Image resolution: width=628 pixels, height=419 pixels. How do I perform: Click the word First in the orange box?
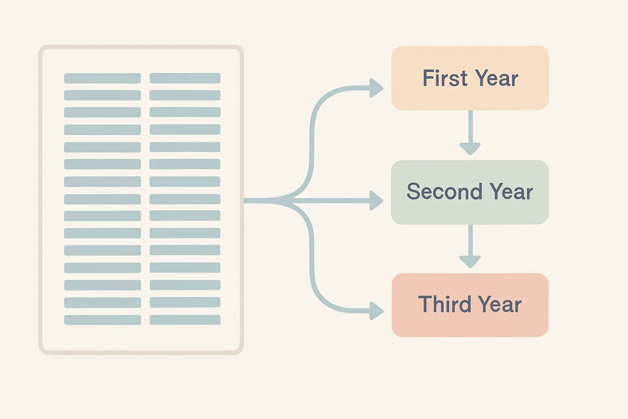point(445,78)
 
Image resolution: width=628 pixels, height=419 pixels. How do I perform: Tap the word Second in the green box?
point(444,191)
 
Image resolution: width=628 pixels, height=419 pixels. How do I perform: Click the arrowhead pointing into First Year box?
point(376,88)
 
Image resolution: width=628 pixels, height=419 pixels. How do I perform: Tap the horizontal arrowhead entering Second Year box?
point(376,200)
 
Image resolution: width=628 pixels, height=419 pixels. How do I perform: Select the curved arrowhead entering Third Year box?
point(377,311)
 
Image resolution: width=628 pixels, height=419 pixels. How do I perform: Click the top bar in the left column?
point(102,78)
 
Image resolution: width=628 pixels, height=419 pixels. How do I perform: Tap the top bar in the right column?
point(185,78)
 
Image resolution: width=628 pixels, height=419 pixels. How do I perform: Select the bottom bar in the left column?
point(103,320)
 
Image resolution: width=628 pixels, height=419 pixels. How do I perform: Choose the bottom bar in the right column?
point(185,320)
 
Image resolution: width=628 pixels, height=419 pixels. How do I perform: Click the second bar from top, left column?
point(102,95)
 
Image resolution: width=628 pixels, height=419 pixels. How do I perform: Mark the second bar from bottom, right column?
point(185,302)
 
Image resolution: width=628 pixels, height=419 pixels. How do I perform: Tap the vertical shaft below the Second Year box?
point(471,241)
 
